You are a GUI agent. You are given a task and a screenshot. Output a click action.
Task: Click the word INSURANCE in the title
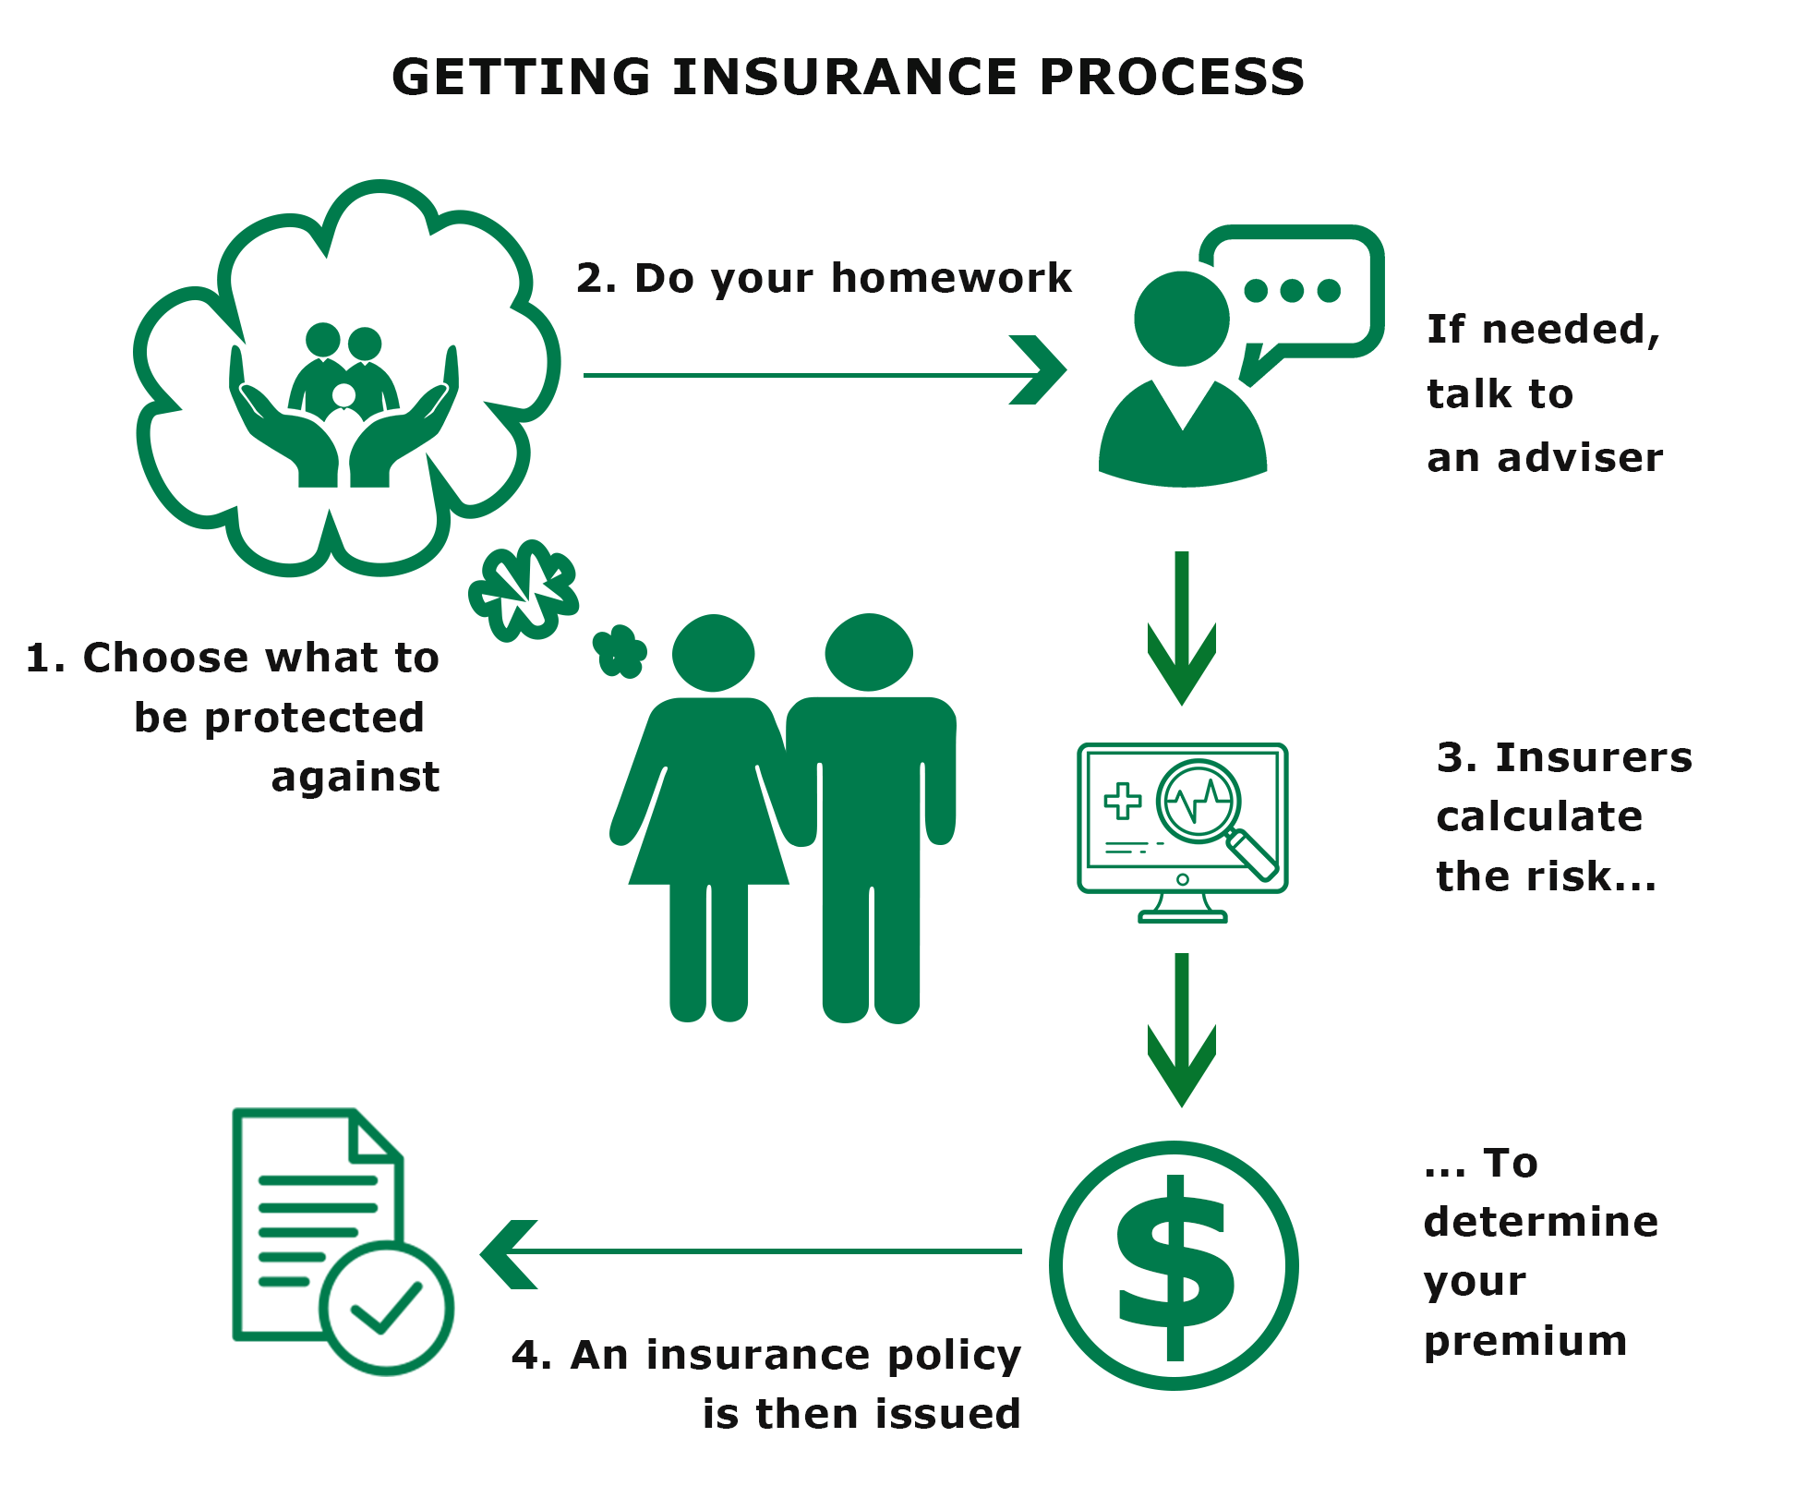point(845,77)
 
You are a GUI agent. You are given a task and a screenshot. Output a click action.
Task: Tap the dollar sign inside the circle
point(1175,1267)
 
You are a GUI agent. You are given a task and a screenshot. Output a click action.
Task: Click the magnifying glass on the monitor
point(1200,802)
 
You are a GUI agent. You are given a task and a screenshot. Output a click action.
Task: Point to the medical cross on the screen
point(1123,801)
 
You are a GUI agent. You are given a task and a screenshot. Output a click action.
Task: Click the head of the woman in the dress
point(713,652)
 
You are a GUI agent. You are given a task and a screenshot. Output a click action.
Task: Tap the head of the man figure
point(869,651)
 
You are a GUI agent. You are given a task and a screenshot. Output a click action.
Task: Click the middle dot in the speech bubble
point(1292,291)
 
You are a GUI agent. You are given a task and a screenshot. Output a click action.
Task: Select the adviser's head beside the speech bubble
point(1181,319)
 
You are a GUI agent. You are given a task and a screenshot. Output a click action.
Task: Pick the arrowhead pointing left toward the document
point(508,1254)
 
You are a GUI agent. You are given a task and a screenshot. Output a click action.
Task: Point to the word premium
point(1525,1341)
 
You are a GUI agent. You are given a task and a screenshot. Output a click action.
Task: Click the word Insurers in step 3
point(1594,757)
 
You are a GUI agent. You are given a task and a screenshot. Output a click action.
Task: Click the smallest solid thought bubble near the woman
point(620,652)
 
